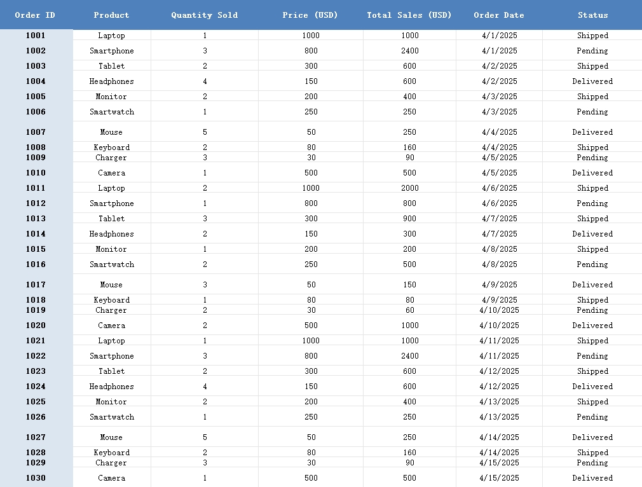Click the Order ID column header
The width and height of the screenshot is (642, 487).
(36, 15)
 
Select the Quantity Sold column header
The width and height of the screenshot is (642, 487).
(204, 15)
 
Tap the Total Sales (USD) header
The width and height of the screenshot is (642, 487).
(409, 15)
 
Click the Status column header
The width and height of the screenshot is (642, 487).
(592, 15)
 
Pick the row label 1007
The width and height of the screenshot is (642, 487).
(36, 132)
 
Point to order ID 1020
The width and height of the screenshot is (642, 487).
(36, 326)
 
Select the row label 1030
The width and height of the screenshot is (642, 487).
(36, 478)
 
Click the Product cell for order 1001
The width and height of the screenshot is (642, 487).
(111, 36)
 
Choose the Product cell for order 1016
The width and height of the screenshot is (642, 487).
(111, 264)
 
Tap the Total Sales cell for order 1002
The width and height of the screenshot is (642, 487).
(409, 51)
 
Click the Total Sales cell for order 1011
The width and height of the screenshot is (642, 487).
(409, 188)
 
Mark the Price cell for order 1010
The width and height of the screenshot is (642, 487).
(311, 173)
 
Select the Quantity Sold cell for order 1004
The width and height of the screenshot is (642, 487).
(205, 81)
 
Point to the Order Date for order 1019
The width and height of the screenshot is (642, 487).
(499, 310)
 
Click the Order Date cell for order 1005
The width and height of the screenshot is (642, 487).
(499, 97)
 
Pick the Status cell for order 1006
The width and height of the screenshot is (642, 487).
(592, 112)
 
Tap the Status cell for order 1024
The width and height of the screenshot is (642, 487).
(592, 387)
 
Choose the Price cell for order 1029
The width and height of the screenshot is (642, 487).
(311, 463)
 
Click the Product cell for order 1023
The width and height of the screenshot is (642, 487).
(111, 371)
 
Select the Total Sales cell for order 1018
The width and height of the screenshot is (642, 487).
(409, 300)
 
